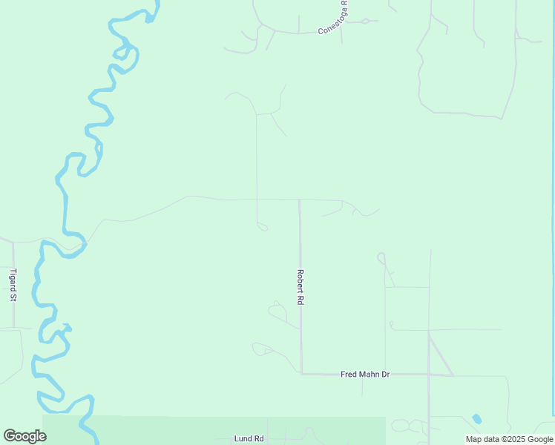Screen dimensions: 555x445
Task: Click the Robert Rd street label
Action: [301, 288]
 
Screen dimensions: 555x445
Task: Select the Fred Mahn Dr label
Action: [365, 375]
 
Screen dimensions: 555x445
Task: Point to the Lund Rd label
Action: [249, 438]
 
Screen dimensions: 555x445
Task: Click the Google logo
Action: [24, 436]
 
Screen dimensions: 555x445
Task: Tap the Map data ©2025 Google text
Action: [510, 439]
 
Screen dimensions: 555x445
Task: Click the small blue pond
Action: [476, 419]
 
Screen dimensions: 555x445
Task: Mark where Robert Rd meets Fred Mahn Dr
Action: [301, 374]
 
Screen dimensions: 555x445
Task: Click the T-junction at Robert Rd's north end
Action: [299, 200]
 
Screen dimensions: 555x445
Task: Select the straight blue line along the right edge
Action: [553, 222]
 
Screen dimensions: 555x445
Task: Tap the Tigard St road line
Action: [13, 311]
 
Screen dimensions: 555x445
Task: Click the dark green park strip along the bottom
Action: [148, 430]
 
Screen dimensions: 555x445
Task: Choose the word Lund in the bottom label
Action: [243, 438]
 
